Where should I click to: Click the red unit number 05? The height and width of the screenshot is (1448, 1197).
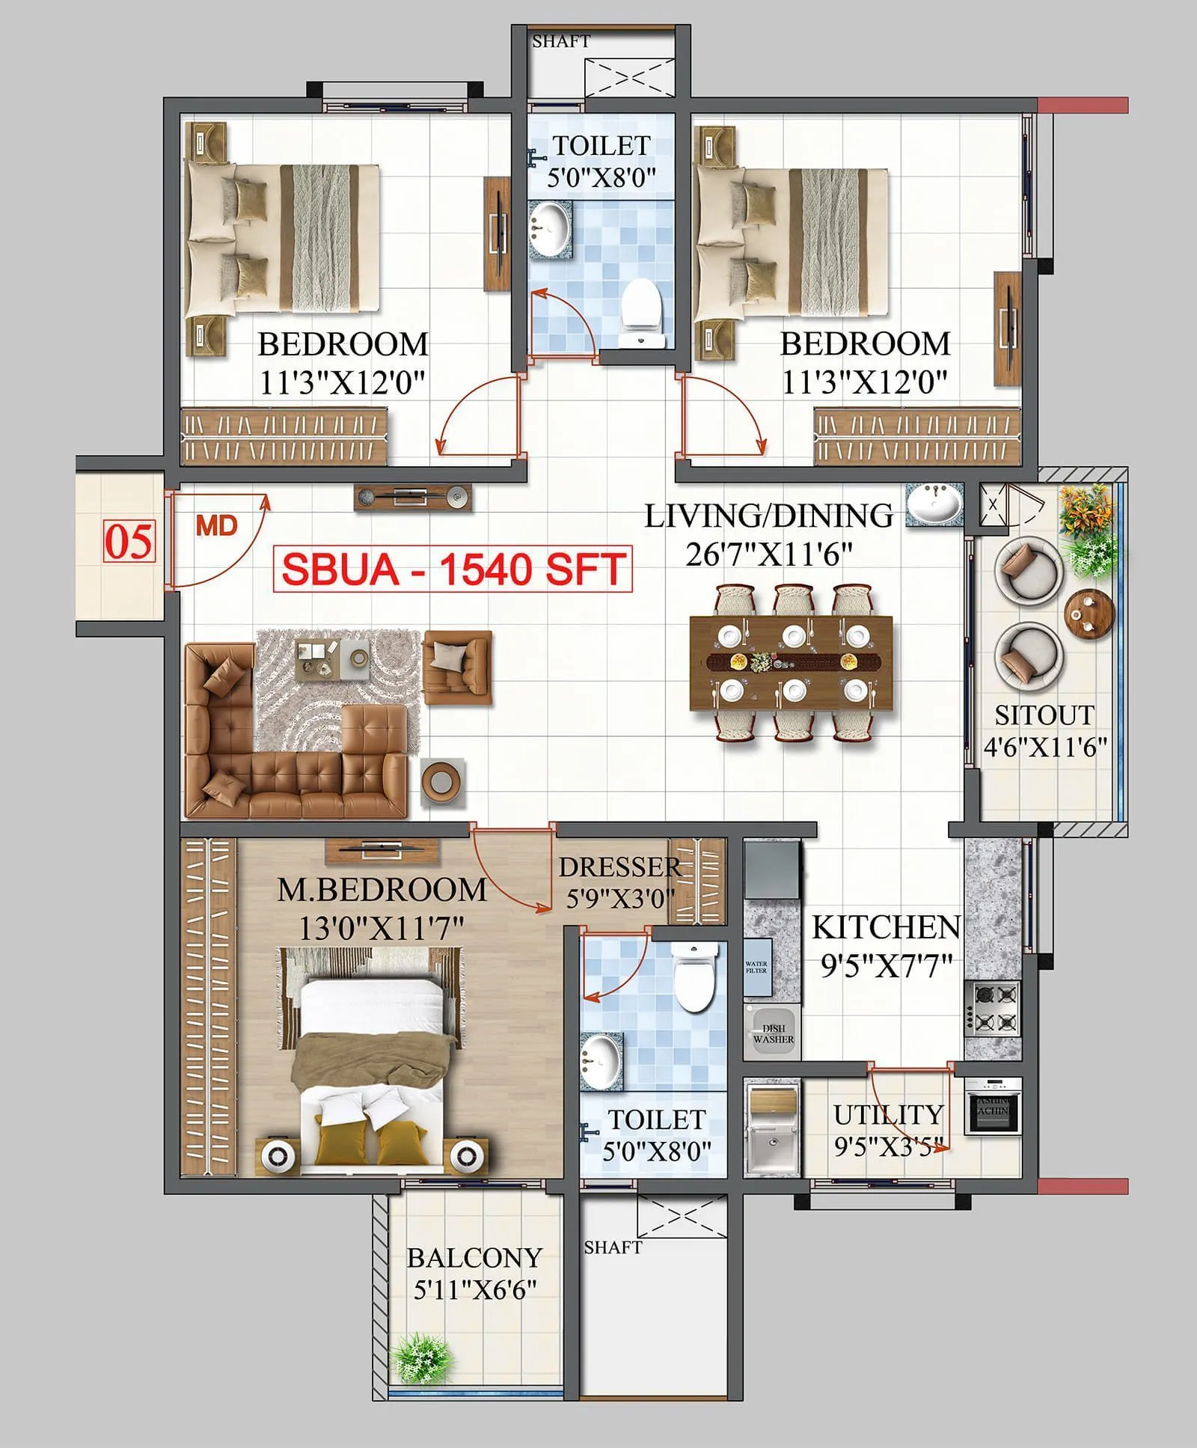click(129, 541)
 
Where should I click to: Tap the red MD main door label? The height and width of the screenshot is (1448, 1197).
click(217, 525)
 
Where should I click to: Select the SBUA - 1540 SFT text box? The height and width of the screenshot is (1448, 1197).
click(453, 569)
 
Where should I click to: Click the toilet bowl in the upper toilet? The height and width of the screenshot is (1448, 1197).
click(642, 305)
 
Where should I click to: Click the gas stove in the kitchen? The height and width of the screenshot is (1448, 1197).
click(993, 1007)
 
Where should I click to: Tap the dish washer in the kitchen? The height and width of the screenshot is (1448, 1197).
click(773, 1033)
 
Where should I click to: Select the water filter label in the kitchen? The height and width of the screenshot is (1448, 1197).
click(756, 968)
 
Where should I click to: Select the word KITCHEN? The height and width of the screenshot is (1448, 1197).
click(886, 928)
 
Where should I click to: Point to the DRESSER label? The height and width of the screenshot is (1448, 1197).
click(619, 867)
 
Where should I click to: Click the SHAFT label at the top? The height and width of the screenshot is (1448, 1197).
click(561, 42)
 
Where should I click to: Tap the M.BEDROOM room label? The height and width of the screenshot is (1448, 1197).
click(382, 890)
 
